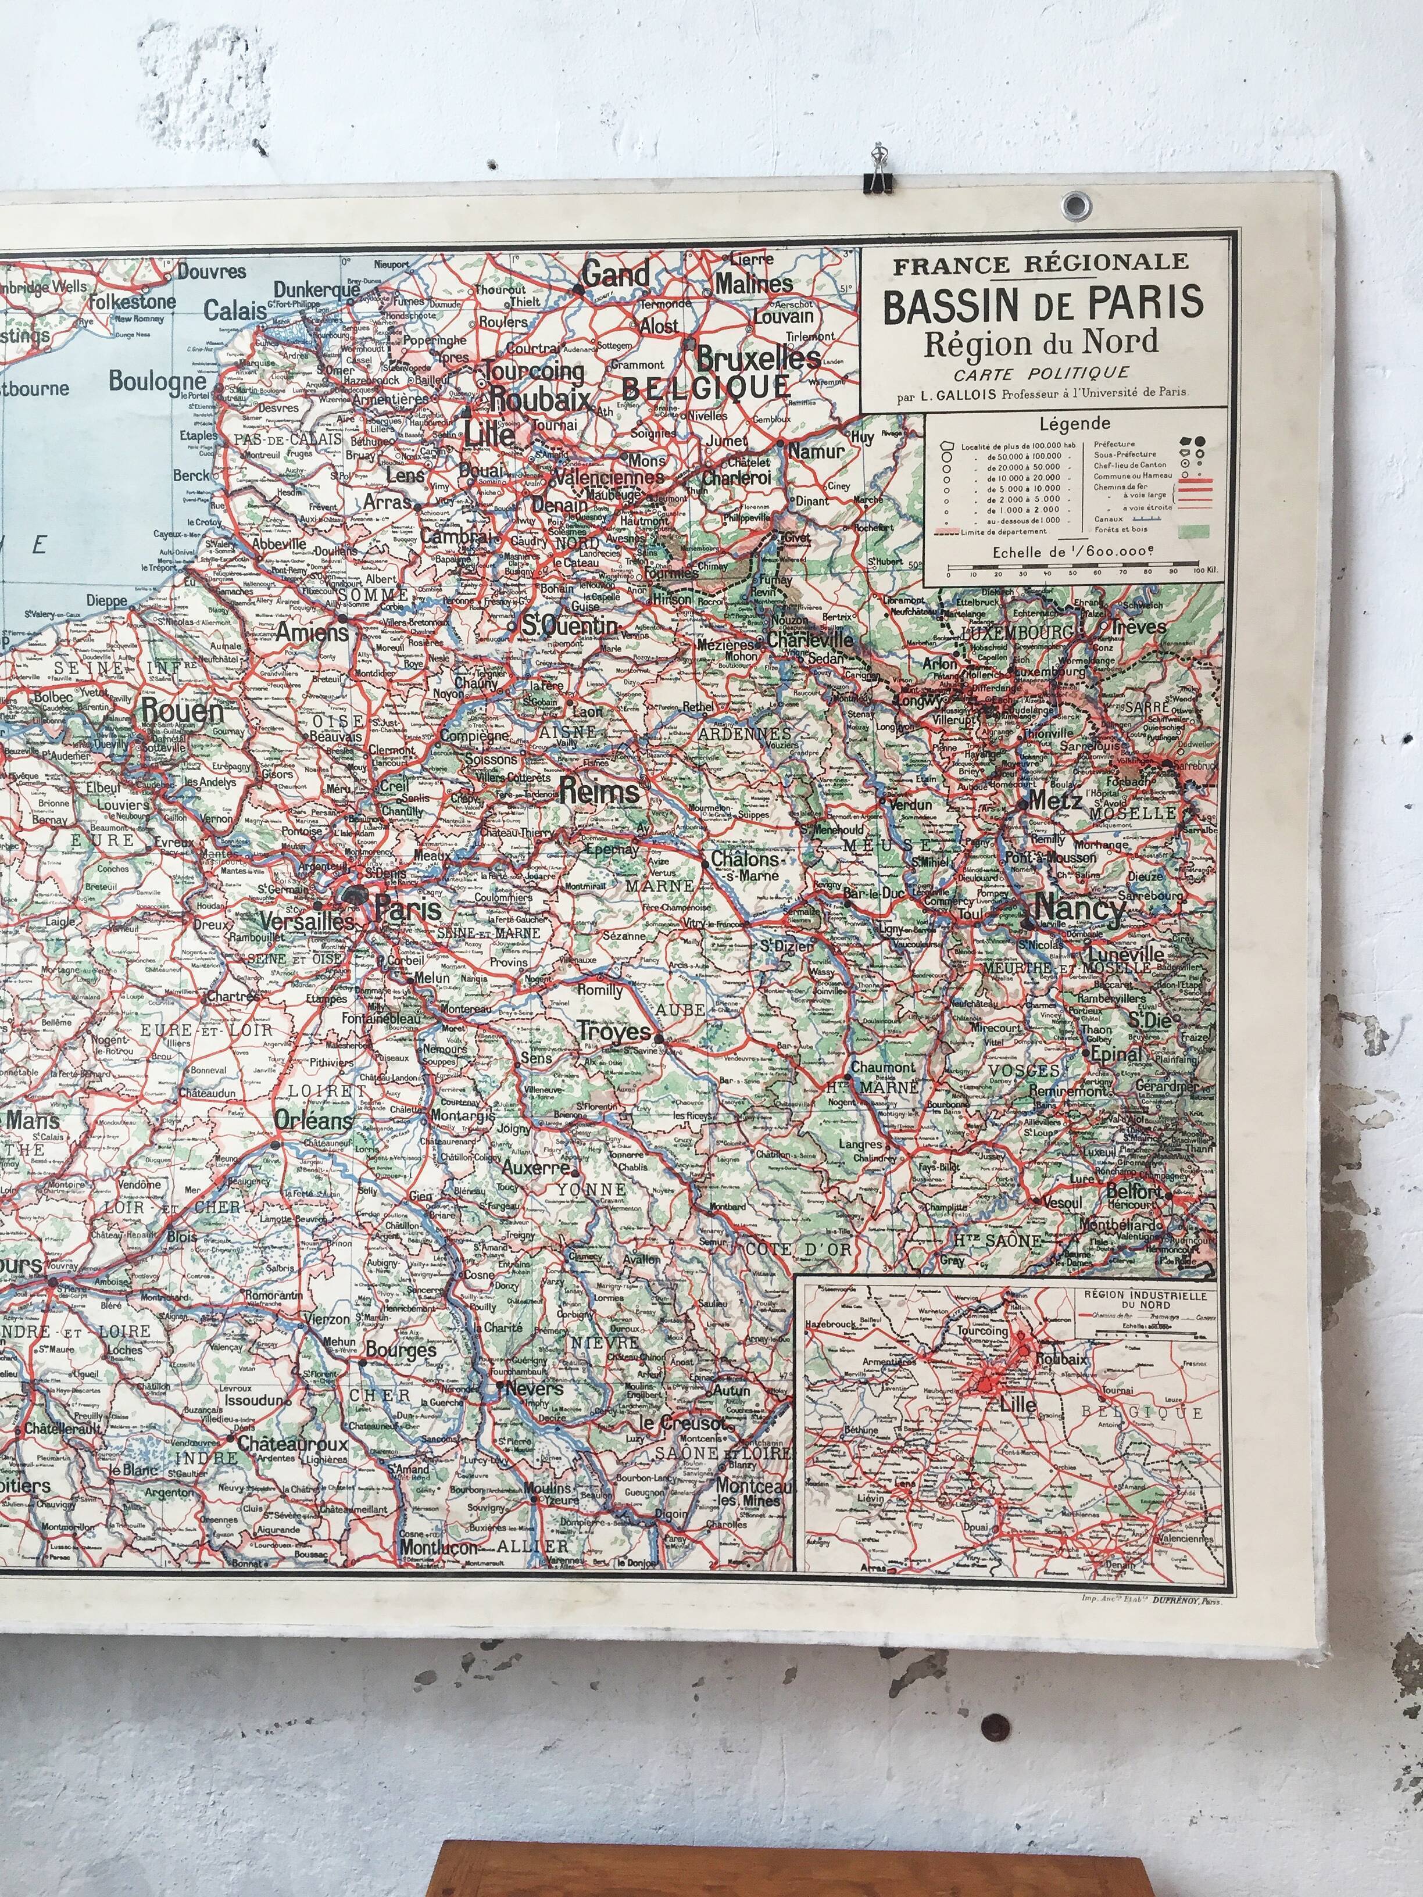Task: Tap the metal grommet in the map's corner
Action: click(x=1073, y=204)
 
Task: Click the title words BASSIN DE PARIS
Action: click(x=1043, y=305)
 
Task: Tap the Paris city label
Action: click(x=407, y=910)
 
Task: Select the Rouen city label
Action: click(x=182, y=711)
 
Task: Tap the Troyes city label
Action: click(x=613, y=1032)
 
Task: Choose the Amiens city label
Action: click(x=312, y=632)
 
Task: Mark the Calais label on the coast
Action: click(x=234, y=310)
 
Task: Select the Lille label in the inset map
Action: click(x=1017, y=1405)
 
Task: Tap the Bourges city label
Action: click(x=401, y=1351)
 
